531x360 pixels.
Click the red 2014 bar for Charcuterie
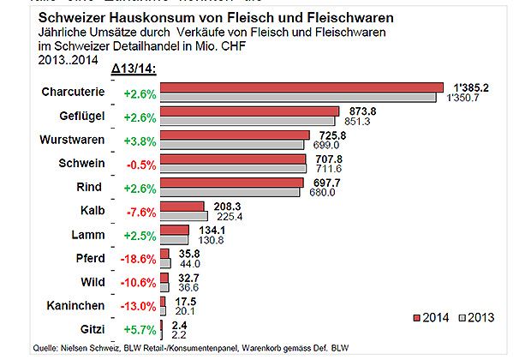coord(300,87)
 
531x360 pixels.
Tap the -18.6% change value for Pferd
coord(139,258)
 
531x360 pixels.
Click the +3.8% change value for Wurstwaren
coord(139,140)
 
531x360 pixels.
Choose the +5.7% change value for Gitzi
coord(139,328)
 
